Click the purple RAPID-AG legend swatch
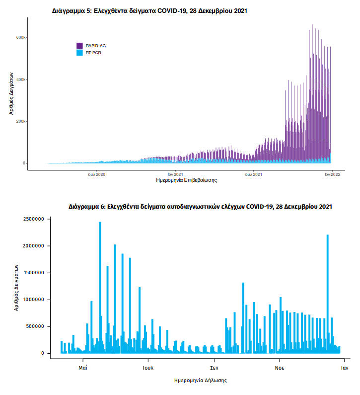pyautogui.click(x=79, y=46)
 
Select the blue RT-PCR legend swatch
pyautogui.click(x=79, y=53)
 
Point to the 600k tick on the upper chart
pyautogui.click(x=21, y=37)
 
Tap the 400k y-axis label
pyautogui.click(x=21, y=79)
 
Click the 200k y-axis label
pyautogui.click(x=21, y=121)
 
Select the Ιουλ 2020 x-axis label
pyautogui.click(x=96, y=174)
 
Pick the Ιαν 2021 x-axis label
pyautogui.click(x=175, y=174)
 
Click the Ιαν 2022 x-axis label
pyautogui.click(x=333, y=174)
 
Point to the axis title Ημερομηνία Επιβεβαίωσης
pyautogui.click(x=186, y=180)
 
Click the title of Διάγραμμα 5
pyautogui.click(x=149, y=11)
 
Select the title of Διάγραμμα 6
pyautogui.click(x=200, y=207)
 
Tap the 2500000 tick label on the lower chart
pyautogui.click(x=33, y=219)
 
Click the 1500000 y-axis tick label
pyautogui.click(x=33, y=273)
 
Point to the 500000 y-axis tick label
pyautogui.click(x=35, y=326)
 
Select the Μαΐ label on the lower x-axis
pyautogui.click(x=83, y=368)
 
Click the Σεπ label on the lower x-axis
pyautogui.click(x=214, y=368)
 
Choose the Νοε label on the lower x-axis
pyautogui.click(x=280, y=368)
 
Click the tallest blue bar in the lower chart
pyautogui.click(x=100, y=288)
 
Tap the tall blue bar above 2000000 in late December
pyautogui.click(x=328, y=294)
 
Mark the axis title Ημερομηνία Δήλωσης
pyautogui.click(x=201, y=381)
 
